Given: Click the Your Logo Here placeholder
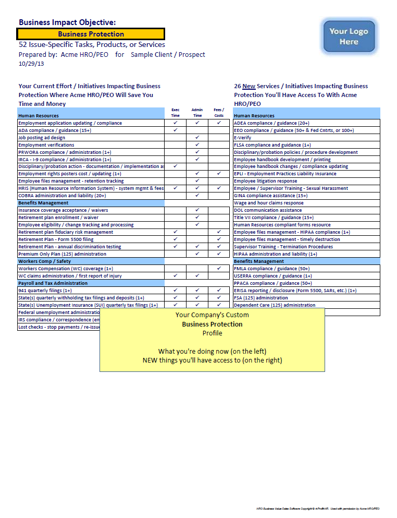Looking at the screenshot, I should pyautogui.click(x=349, y=36).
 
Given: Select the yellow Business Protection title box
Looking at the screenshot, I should pyautogui.click(x=91, y=34).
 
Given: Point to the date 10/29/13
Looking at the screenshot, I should pyautogui.click(x=31, y=64).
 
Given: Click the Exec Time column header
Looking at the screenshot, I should pyautogui.click(x=176, y=112).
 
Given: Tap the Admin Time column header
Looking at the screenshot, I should pyautogui.click(x=197, y=112).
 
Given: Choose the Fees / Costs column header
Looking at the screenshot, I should pyautogui.click(x=219, y=112).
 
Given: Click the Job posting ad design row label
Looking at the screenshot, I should pyautogui.click(x=42, y=138).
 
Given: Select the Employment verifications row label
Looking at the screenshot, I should pyautogui.click(x=46, y=145).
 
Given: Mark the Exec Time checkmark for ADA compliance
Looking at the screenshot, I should pyautogui.click(x=176, y=130).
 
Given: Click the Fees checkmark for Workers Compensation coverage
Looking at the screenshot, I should pyautogui.click(x=219, y=269).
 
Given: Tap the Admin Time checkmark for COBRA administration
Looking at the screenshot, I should pyautogui.click(x=197, y=196).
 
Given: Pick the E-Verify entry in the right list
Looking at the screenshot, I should pyautogui.click(x=243, y=138).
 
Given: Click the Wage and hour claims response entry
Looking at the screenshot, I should pyautogui.click(x=268, y=203).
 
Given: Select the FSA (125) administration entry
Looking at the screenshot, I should pyautogui.click(x=261, y=298).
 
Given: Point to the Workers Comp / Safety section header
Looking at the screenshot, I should pyautogui.click(x=44, y=261).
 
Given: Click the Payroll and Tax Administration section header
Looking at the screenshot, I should pyautogui.click(x=53, y=283).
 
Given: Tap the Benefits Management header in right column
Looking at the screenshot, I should pyautogui.click(x=259, y=261).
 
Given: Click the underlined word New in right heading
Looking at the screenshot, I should pyautogui.click(x=249, y=86).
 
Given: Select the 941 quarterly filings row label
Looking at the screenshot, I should pyautogui.click(x=45, y=291).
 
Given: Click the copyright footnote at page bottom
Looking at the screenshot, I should pyautogui.click(x=317, y=508).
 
